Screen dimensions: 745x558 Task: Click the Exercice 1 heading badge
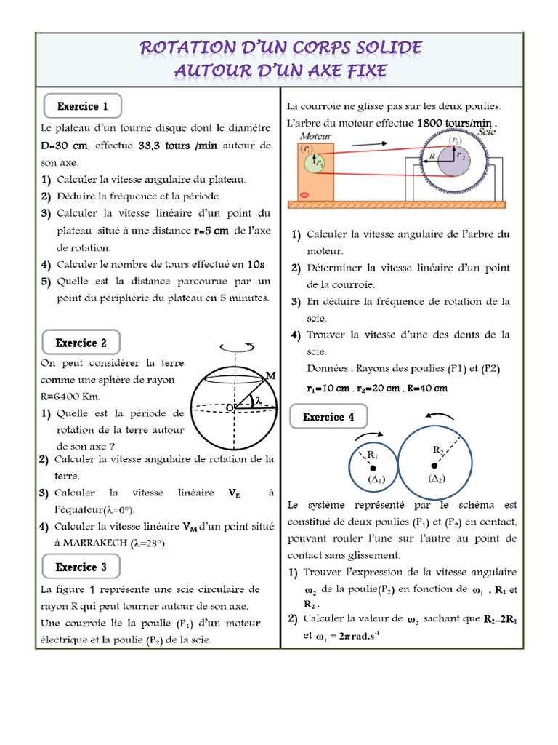[x=82, y=106]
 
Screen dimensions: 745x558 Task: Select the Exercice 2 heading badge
[x=81, y=343]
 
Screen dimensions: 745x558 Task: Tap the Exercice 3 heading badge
[x=81, y=567]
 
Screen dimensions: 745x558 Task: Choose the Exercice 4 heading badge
[x=328, y=417]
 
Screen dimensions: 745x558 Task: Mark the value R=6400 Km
[x=76, y=397]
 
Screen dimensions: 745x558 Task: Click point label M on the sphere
[x=271, y=375]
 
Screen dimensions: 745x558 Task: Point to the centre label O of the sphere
[x=229, y=409]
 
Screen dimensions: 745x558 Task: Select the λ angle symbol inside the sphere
[x=257, y=401]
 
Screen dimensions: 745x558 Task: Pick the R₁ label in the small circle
[x=373, y=455]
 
